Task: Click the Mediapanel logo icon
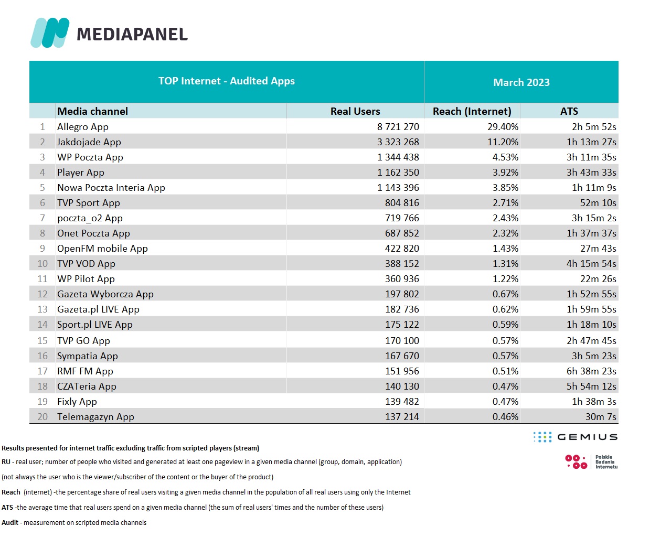(50, 33)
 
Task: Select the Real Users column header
(355, 111)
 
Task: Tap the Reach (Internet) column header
(472, 111)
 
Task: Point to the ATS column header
(569, 111)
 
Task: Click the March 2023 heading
(521, 82)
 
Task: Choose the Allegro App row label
(83, 127)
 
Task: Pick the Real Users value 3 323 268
(398, 142)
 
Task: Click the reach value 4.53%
(505, 157)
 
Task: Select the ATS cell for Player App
(591, 173)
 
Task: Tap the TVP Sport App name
(89, 203)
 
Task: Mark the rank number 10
(42, 264)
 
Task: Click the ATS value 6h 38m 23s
(591, 371)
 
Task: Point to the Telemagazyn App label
(95, 417)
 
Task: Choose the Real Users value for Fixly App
(402, 402)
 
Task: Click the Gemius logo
(576, 437)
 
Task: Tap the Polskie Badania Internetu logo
(591, 462)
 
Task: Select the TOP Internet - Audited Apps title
(227, 81)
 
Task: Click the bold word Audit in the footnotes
(10, 523)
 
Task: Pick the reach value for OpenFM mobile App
(505, 249)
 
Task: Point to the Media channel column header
(92, 111)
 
